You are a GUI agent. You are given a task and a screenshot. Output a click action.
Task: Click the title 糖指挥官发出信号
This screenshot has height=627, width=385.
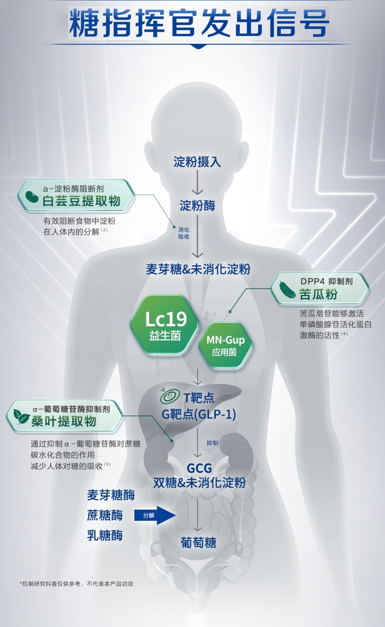click(x=199, y=24)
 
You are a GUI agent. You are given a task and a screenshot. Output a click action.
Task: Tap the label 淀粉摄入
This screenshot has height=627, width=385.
click(x=197, y=162)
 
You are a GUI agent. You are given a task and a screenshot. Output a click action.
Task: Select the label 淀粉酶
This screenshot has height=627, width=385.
click(x=197, y=205)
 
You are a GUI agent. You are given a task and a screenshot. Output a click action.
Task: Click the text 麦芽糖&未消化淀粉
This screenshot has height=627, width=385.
click(x=198, y=269)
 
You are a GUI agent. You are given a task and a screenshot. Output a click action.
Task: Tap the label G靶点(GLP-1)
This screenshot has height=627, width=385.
click(x=199, y=414)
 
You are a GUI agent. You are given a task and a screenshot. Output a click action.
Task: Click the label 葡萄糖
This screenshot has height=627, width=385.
click(x=198, y=543)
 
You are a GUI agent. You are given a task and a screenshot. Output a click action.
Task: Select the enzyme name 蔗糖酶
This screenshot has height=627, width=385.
click(x=105, y=515)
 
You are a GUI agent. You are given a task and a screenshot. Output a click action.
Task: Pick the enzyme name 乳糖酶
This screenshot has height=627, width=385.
click(x=105, y=535)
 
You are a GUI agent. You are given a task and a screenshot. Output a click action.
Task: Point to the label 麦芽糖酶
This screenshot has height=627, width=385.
click(x=111, y=495)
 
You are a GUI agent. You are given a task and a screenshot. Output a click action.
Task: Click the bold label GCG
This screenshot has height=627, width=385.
click(x=199, y=468)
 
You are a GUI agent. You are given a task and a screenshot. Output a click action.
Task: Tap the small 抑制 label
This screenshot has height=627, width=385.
click(x=212, y=443)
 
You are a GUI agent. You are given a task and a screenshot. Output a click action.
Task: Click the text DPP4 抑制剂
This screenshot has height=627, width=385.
click(x=326, y=282)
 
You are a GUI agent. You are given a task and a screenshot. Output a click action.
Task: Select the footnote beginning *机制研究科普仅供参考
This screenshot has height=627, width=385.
click(x=76, y=584)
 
